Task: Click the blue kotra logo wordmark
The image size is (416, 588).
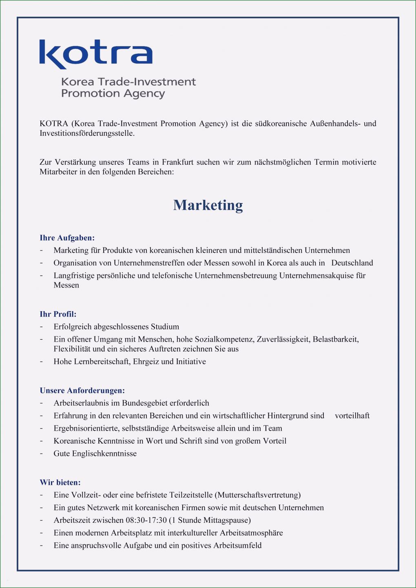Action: (x=96, y=54)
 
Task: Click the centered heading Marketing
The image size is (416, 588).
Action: (x=208, y=205)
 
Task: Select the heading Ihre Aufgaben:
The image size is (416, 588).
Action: (x=67, y=238)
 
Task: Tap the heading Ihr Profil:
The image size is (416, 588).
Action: (x=58, y=314)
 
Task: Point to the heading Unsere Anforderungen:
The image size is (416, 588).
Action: (x=82, y=390)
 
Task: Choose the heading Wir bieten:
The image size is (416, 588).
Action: (x=60, y=482)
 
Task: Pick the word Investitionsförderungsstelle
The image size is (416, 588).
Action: (x=86, y=133)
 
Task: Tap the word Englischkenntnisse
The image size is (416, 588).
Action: (x=104, y=453)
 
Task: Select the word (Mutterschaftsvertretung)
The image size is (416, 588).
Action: (x=259, y=495)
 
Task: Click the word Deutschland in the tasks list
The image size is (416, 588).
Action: (x=352, y=263)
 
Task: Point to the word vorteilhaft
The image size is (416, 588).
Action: (x=352, y=416)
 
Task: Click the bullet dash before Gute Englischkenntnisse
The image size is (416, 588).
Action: (x=42, y=453)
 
